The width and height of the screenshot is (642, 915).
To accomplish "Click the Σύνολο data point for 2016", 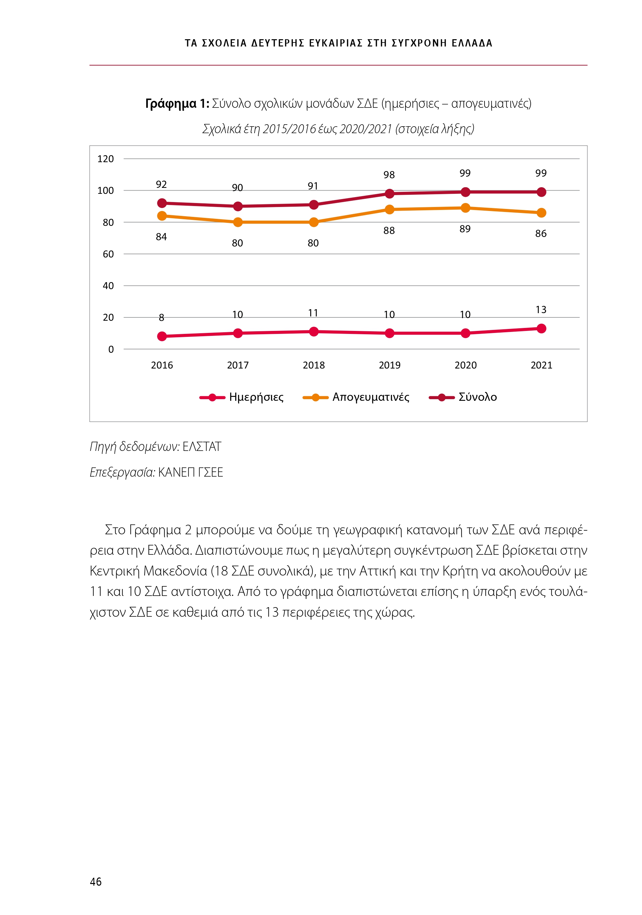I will pyautogui.click(x=162, y=203).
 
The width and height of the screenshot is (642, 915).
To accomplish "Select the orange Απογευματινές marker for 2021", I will pyautogui.click(x=541, y=213).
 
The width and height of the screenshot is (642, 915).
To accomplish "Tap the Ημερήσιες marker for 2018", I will pyautogui.click(x=314, y=332).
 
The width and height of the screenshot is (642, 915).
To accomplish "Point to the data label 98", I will pyautogui.click(x=389, y=175).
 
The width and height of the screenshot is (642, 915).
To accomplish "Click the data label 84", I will pyautogui.click(x=161, y=237).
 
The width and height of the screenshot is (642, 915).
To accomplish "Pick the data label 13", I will pyautogui.click(x=541, y=310).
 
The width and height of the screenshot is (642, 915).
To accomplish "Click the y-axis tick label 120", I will pyautogui.click(x=105, y=159).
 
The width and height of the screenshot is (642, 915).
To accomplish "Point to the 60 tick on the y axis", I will pyautogui.click(x=108, y=254).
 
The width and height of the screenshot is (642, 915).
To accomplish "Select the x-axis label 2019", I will pyautogui.click(x=389, y=365).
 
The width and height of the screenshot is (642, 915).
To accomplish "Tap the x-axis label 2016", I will pyautogui.click(x=162, y=365).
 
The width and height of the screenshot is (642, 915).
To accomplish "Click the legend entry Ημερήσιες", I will pyautogui.click(x=256, y=397).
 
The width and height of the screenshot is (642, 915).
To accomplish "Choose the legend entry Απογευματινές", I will pyautogui.click(x=370, y=397).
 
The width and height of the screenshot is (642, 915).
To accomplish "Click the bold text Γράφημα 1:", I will pyautogui.click(x=177, y=104).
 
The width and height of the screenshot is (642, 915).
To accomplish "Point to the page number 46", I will pyautogui.click(x=96, y=881).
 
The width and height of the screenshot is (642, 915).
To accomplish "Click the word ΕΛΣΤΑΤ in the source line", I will pyautogui.click(x=202, y=447).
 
